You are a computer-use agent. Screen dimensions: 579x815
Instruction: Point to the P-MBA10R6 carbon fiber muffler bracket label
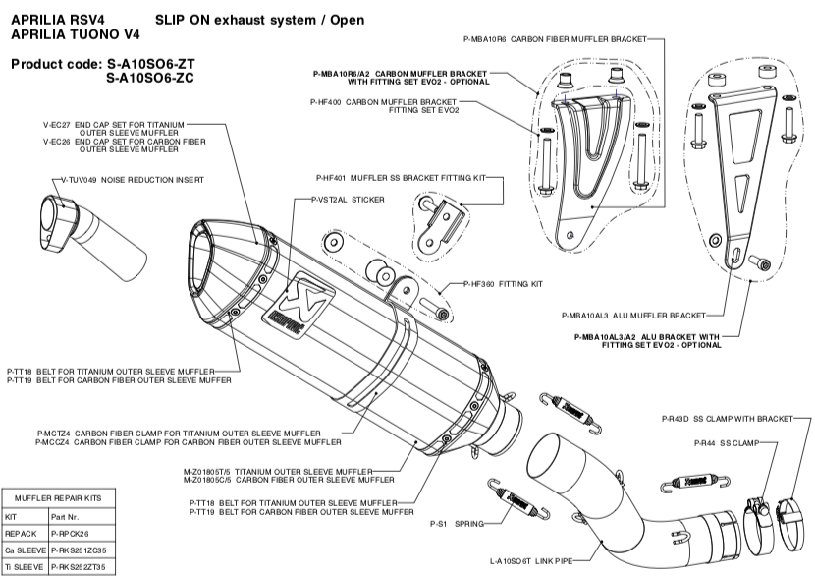pyautogui.click(x=555, y=39)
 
